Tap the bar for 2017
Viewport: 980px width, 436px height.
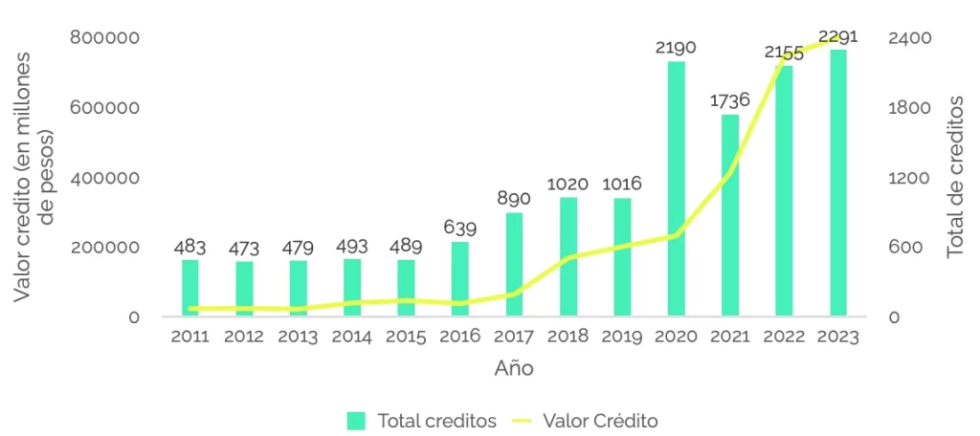pyautogui.click(x=515, y=264)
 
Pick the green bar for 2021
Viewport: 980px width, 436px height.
pyautogui.click(x=730, y=215)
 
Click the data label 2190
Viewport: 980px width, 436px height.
pyautogui.click(x=676, y=47)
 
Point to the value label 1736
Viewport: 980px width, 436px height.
pyautogui.click(x=729, y=99)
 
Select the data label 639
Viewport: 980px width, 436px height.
pyautogui.click(x=460, y=228)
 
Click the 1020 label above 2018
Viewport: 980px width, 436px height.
pyautogui.click(x=568, y=183)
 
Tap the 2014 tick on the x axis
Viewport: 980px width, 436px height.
pyautogui.click(x=352, y=338)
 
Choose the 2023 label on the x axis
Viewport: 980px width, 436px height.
pyautogui.click(x=838, y=338)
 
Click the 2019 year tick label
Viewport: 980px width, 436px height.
pyautogui.click(x=622, y=338)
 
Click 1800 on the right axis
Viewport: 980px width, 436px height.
pyautogui.click(x=910, y=108)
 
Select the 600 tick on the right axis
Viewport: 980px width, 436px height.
pyautogui.click(x=904, y=248)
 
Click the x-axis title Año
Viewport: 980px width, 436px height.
pyautogui.click(x=514, y=368)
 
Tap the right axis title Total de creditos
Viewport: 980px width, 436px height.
pyautogui.click(x=954, y=177)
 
